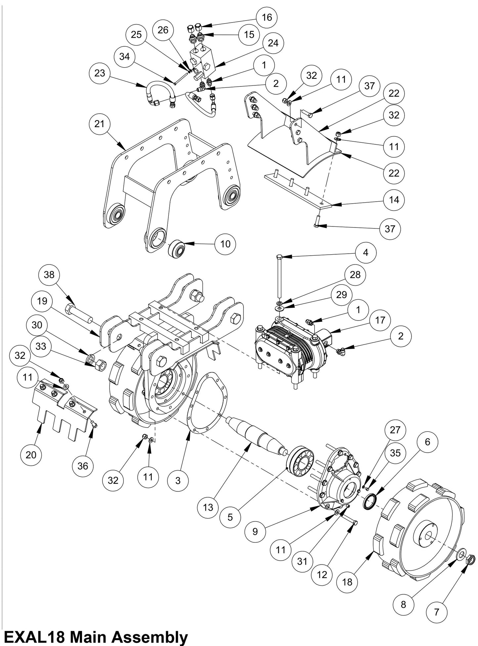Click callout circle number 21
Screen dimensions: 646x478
pyautogui.click(x=100, y=124)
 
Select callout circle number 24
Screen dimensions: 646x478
pyautogui.click(x=273, y=43)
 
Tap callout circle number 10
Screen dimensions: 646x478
pyautogui.click(x=225, y=244)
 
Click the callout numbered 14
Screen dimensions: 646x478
pyautogui.click(x=394, y=200)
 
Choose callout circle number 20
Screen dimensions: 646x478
pyautogui.click(x=31, y=455)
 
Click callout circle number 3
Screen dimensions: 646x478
pyautogui.click(x=178, y=480)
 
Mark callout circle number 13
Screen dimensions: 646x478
pyautogui.click(x=208, y=507)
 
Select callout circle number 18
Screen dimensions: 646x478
pyautogui.click(x=348, y=582)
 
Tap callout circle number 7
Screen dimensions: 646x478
pyautogui.click(x=436, y=612)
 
